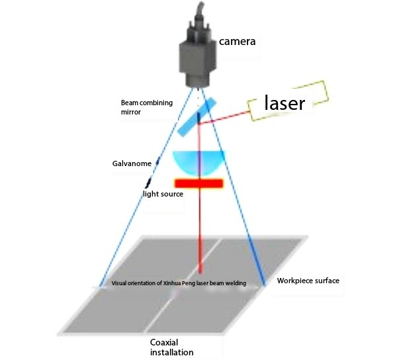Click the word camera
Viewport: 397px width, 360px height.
pos(238,42)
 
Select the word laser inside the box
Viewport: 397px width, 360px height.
pos(284,103)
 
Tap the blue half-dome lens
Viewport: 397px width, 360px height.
pos(198,161)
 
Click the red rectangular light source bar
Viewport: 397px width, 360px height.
pos(199,182)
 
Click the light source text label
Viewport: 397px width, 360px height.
pos(163,194)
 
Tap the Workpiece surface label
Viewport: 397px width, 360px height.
pos(308,281)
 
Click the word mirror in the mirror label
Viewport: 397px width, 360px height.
pos(131,112)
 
